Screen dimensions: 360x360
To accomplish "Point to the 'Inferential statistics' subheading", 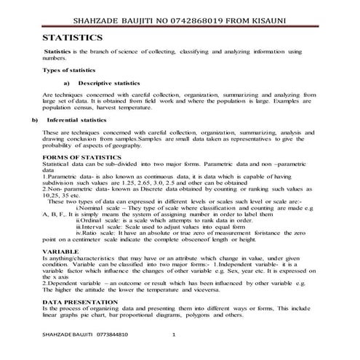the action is (x=77, y=119).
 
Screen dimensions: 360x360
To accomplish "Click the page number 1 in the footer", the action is (x=173, y=335).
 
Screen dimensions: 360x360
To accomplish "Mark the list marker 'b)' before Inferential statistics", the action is (x=34, y=119).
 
